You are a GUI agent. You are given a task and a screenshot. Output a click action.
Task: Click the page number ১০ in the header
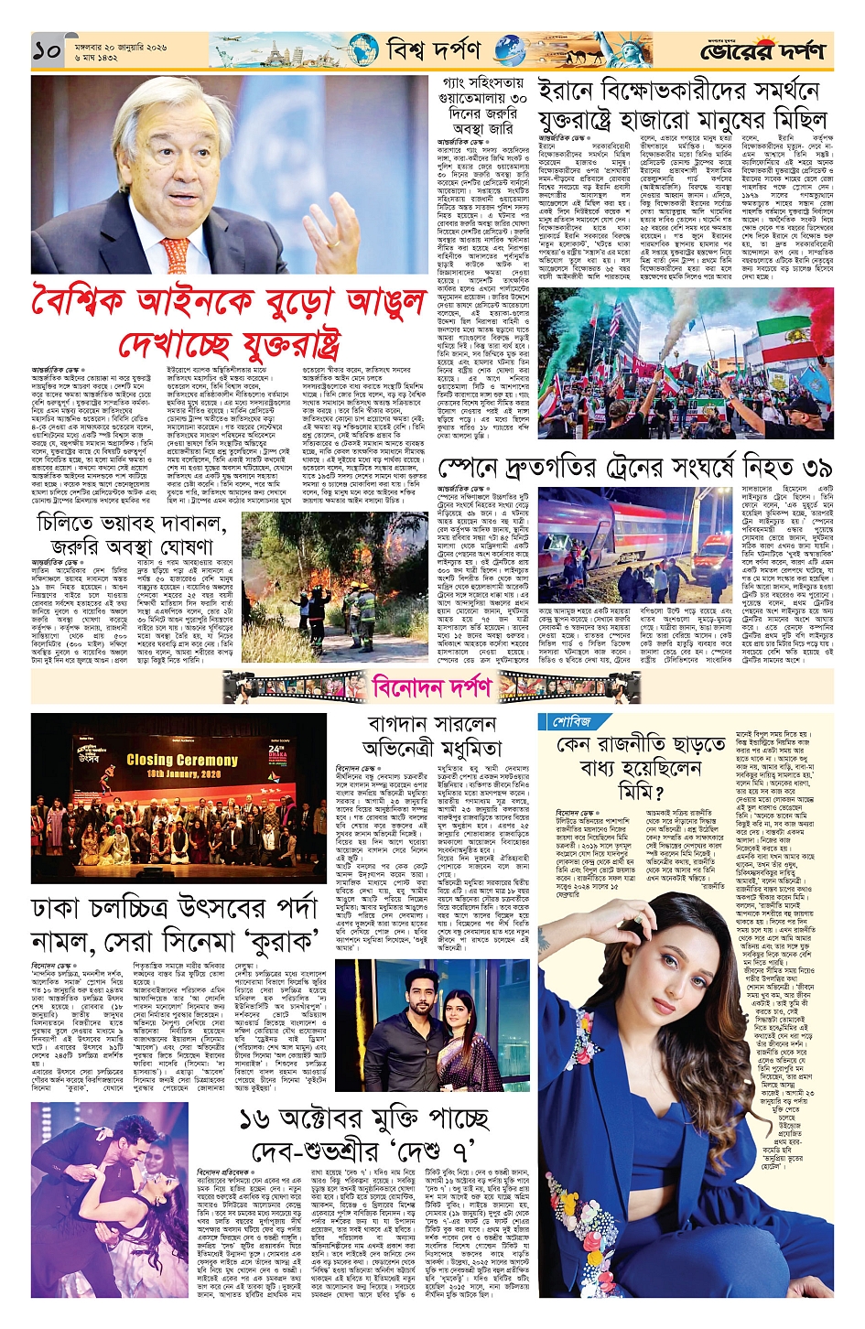click(48, 51)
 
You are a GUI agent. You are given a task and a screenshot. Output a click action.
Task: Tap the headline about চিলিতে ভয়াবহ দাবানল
click(131, 535)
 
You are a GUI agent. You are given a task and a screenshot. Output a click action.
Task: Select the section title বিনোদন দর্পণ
click(432, 686)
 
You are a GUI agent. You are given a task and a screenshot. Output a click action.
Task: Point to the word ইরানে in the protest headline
click(568, 92)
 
